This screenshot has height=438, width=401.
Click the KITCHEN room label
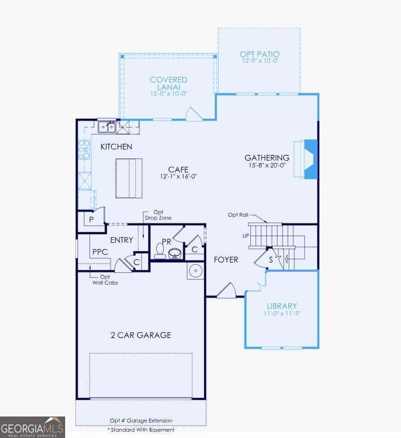tap(116, 147)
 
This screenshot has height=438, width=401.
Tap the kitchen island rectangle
tap(129, 178)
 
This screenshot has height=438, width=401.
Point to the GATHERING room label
tap(267, 158)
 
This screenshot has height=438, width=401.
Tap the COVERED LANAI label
tap(168, 84)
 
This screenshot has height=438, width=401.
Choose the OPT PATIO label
tap(259, 54)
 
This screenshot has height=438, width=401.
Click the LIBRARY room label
tap(281, 306)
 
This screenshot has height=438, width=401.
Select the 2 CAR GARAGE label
tap(140, 335)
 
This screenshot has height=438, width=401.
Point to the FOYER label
tap(226, 260)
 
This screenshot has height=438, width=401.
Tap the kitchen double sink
tap(107, 127)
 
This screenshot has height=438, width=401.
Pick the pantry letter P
tap(90, 218)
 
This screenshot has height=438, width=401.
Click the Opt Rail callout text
tap(238, 215)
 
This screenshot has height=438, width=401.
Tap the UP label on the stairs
tap(246, 235)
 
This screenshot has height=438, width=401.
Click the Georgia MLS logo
tap(32, 427)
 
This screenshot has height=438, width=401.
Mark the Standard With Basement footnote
tap(141, 430)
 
